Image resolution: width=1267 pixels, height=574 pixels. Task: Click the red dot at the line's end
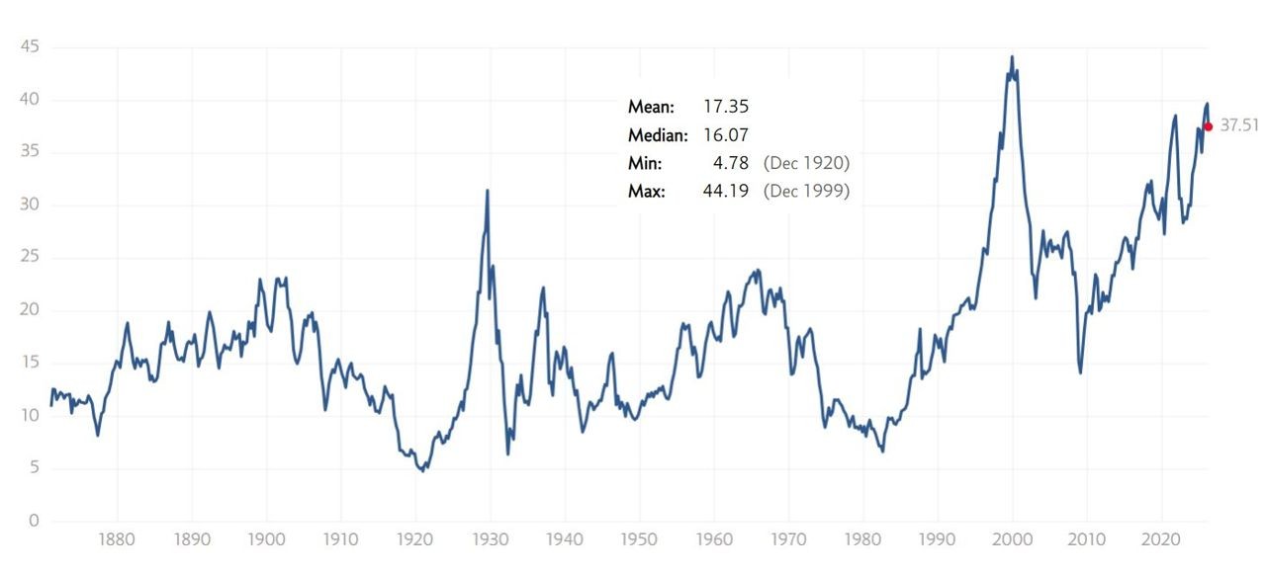tap(1208, 126)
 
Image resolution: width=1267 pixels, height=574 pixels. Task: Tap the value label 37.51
tap(1238, 126)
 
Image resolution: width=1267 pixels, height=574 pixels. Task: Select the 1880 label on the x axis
tap(117, 541)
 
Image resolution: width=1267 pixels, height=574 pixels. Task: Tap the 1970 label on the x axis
tap(788, 541)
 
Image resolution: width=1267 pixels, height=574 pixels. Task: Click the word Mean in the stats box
tap(651, 106)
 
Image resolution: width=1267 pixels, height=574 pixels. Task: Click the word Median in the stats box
tap(658, 134)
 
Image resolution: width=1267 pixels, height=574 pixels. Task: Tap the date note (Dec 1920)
tap(806, 163)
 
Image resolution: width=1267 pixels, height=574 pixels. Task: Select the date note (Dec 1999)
tap(806, 191)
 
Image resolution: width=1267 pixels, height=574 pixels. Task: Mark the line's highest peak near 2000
tap(1012, 57)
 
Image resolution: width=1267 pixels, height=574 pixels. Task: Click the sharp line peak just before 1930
tap(488, 191)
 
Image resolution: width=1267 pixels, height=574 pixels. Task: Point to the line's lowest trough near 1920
tap(423, 470)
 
